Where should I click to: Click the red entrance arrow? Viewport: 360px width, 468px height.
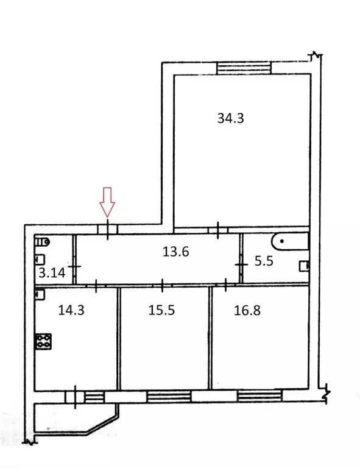107,202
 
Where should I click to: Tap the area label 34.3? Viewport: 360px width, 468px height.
230,118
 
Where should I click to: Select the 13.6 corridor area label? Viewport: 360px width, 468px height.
175,252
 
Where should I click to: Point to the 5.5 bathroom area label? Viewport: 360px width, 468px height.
264,261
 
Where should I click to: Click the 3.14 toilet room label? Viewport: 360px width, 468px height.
52,273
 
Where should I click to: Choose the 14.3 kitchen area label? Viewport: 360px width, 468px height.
71,310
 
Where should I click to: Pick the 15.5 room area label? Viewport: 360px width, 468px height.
161,310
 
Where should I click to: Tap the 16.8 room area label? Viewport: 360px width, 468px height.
247,310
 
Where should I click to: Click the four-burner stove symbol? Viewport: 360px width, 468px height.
43,341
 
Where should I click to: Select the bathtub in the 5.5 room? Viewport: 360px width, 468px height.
289,241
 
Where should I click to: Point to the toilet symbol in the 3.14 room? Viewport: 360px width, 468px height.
42,242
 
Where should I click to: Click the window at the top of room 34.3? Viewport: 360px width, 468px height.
244,68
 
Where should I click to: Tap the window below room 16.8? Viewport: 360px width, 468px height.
259,396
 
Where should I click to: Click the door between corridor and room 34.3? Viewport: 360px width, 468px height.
218,230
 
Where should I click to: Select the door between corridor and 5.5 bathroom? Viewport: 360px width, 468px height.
241,264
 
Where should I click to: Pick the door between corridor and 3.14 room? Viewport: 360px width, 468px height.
74,266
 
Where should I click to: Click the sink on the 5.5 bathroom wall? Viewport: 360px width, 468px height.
304,266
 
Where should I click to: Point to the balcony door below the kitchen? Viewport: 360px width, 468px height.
75,397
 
